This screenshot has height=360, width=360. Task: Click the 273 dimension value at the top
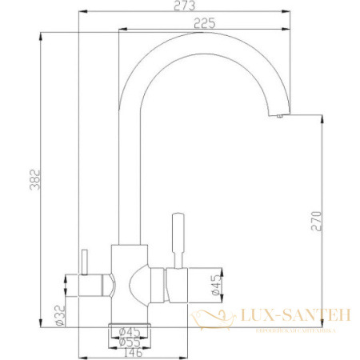click(182, 6)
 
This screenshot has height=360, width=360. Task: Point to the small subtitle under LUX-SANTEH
click(296, 328)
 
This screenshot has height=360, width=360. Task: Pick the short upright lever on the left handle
click(82, 261)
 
